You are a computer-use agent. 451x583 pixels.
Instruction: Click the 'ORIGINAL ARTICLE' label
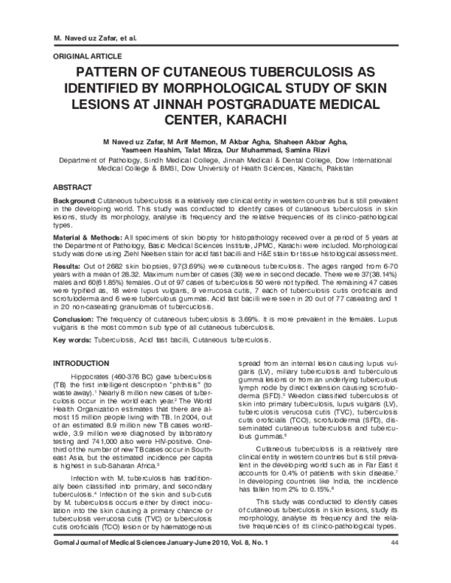click(82, 56)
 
